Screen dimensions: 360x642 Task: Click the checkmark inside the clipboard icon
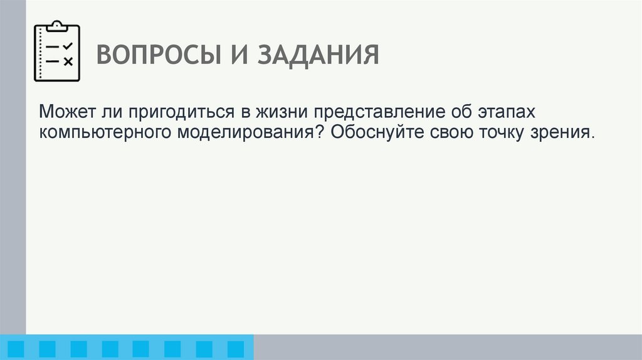[x=68, y=46]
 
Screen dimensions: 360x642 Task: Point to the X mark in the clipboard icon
[x=68, y=61]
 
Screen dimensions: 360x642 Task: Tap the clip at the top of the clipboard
[x=57, y=26]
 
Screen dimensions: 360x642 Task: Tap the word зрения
[x=564, y=134]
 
